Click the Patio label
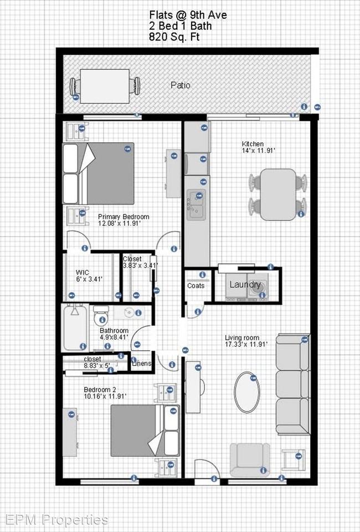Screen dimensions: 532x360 pyautogui.click(x=180, y=85)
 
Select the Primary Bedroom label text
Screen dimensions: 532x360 pyautogui.click(x=123, y=217)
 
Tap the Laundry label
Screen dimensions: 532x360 pyautogui.click(x=245, y=285)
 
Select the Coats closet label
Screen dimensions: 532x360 pyautogui.click(x=196, y=286)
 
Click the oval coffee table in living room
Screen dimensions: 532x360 pyautogui.click(x=248, y=392)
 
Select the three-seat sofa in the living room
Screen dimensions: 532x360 pyautogui.click(x=292, y=384)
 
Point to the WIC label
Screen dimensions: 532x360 pyautogui.click(x=82, y=272)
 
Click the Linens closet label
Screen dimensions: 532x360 pyautogui.click(x=140, y=364)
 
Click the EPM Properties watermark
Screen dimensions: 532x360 pyautogui.click(x=56, y=519)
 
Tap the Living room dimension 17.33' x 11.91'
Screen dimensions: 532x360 pyautogui.click(x=246, y=344)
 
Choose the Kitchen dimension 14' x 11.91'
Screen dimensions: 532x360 pyautogui.click(x=258, y=151)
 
